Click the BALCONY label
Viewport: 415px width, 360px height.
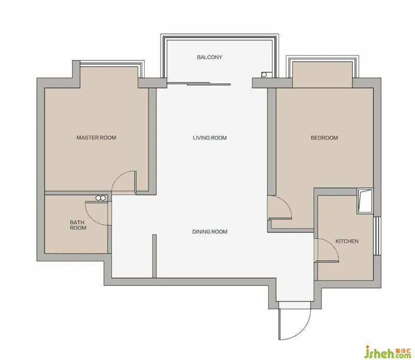pyautogui.click(x=210, y=57)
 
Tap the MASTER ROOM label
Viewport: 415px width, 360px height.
pyautogui.click(x=96, y=137)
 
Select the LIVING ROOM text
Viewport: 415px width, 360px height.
pyautogui.click(x=210, y=138)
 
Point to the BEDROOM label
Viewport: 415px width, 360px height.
pyautogui.click(x=324, y=138)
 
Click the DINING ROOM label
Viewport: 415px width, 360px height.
pyautogui.click(x=210, y=232)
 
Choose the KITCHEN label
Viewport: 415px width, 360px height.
pyautogui.click(x=347, y=241)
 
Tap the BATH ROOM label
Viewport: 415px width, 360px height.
pyautogui.click(x=78, y=225)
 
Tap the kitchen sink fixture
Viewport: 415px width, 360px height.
pyautogui.click(x=365, y=201)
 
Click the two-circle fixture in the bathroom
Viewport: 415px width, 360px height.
pyautogui.click(x=100, y=198)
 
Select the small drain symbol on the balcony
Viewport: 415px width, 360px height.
pyautogui.click(x=265, y=74)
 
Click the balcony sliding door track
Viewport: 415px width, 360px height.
pyautogui.click(x=199, y=84)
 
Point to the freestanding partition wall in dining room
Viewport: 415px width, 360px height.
pyautogui.click(x=154, y=256)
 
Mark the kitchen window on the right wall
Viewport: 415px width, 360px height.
pyautogui.click(x=377, y=236)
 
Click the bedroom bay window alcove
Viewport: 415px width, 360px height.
pyautogui.click(x=322, y=75)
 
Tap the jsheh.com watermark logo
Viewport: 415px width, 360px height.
pyautogui.click(x=388, y=352)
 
